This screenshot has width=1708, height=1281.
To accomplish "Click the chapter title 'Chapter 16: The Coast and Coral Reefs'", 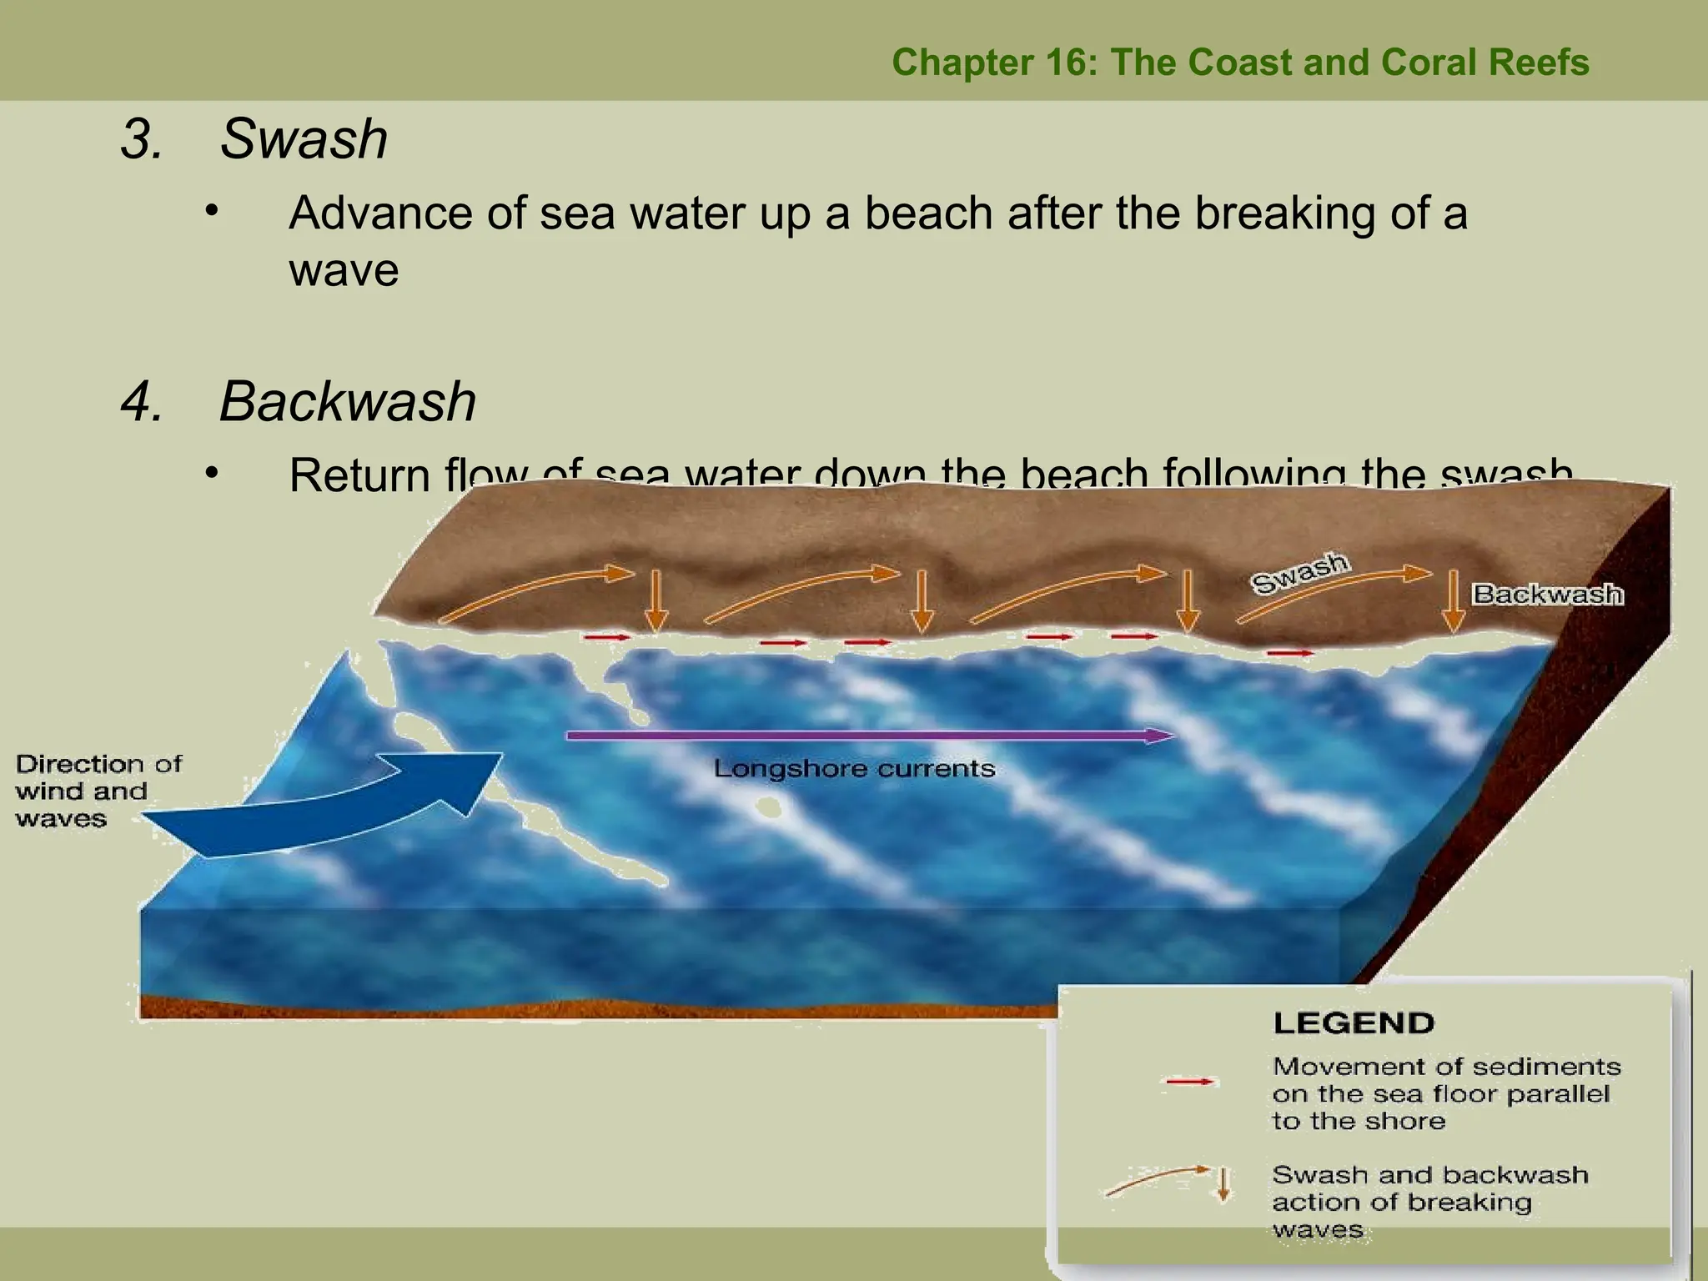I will click(x=1240, y=63).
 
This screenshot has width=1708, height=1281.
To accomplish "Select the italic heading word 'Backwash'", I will click(x=347, y=401).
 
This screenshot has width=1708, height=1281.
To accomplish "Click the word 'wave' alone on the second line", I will click(x=344, y=271).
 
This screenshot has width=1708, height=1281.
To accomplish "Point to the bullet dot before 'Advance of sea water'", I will click(x=213, y=209).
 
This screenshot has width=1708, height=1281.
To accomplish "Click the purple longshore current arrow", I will click(x=867, y=736).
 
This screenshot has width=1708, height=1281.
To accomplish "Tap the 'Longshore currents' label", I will click(x=854, y=768).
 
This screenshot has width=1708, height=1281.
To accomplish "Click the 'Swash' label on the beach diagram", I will click(x=1299, y=573).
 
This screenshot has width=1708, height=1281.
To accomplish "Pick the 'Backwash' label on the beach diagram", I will click(x=1548, y=594).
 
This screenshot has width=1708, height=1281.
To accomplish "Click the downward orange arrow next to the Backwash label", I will click(x=1454, y=600).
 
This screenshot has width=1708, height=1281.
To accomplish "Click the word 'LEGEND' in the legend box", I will click(x=1354, y=1022).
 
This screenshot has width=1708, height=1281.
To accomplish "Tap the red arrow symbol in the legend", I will click(x=1190, y=1082).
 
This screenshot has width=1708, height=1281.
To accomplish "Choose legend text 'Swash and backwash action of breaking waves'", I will click(x=1429, y=1201).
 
